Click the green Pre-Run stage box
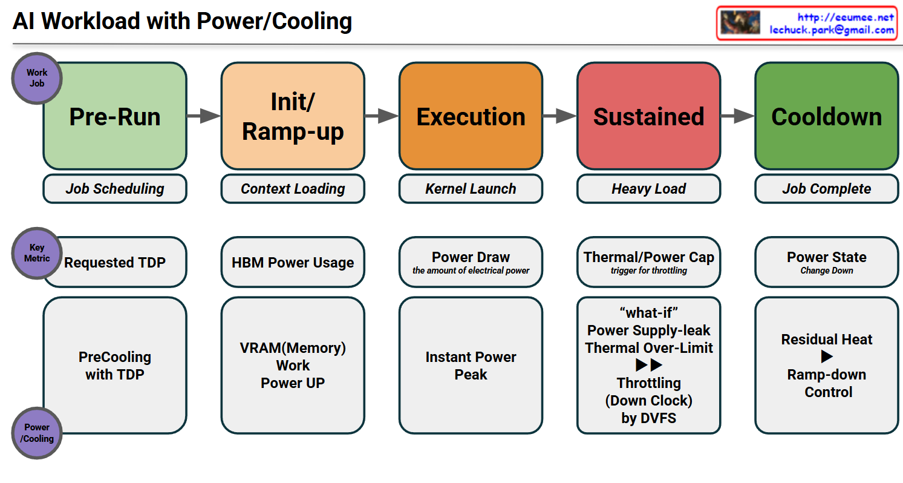115,116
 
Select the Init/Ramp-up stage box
293,116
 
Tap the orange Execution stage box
471,116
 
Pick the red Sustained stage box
648,116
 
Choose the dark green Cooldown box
826,116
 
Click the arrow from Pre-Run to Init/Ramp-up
204,116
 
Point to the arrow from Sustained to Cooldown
737,116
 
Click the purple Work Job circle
37,78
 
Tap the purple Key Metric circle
37,253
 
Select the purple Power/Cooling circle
37,433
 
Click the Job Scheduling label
115,189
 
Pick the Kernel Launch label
471,189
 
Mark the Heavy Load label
648,189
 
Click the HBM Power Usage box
293,263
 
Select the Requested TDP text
115,263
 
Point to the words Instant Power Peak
471,366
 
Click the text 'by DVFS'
648,418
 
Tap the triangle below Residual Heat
827,357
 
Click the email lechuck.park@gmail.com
832,30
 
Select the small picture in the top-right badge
740,23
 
